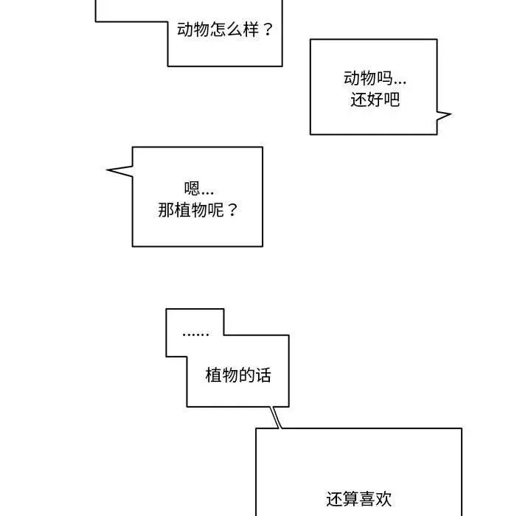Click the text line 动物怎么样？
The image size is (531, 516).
(225, 30)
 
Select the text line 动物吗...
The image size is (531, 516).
(374, 77)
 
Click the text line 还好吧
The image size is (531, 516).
(374, 99)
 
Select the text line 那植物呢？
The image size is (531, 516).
(198, 209)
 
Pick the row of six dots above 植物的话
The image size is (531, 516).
(195, 334)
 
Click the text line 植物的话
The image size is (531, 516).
(237, 375)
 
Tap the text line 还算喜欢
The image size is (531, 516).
(358, 499)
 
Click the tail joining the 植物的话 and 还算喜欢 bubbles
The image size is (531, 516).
(276, 417)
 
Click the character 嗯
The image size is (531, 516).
(192, 188)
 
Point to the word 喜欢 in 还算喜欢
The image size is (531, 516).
(375, 499)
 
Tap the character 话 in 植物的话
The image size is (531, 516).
(263, 375)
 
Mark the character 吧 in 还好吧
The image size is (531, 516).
(391, 99)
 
